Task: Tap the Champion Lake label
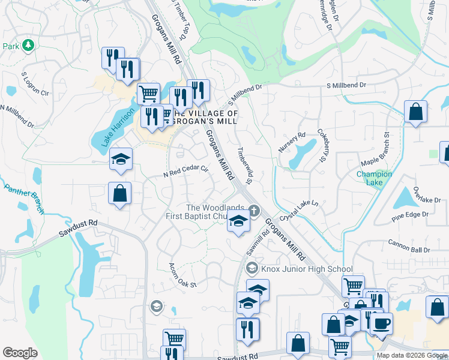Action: click(374, 178)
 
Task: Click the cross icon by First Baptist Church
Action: click(255, 210)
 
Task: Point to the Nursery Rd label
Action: click(292, 143)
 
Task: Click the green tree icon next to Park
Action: click(27, 46)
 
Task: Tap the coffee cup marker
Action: click(381, 324)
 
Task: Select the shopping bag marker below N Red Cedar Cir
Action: click(120, 193)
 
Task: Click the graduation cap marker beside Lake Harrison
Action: click(121, 159)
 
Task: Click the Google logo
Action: click(20, 353)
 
